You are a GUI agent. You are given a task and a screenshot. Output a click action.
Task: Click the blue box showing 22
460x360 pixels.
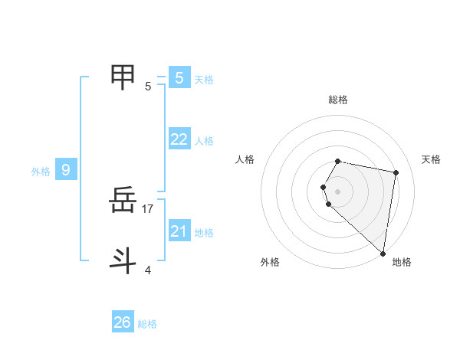coord(179,139)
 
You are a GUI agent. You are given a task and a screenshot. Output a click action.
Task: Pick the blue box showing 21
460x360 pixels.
coord(179,231)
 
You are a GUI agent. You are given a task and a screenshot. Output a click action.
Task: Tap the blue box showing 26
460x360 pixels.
coord(123,322)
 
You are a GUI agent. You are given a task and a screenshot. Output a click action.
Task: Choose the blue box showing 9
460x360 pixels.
coord(66,170)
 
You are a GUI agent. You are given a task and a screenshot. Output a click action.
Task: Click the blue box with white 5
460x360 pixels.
coord(179,77)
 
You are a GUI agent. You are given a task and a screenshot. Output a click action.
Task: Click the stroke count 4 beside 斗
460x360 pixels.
coord(148,270)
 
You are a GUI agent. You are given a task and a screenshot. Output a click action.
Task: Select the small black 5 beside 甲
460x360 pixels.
coord(148,86)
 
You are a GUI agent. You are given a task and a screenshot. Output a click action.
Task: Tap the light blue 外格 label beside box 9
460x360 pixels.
coord(41,172)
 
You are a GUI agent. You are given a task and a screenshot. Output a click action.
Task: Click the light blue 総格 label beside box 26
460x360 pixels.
coord(147,324)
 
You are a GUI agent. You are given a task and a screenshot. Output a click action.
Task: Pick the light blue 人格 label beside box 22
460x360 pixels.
coord(204,141)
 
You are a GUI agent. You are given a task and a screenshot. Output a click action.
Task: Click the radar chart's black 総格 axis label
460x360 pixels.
coord(338,100)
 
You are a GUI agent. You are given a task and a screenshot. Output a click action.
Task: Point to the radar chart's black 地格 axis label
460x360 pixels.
coord(402,262)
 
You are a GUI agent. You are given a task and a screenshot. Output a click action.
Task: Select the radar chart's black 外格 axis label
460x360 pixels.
coord(270,262)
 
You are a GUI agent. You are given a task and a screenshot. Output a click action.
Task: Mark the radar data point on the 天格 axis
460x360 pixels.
coord(396,173)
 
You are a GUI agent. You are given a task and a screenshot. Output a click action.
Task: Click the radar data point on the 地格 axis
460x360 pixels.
coord(383,253)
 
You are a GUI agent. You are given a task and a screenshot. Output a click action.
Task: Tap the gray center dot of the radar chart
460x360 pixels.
coord(337,191)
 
